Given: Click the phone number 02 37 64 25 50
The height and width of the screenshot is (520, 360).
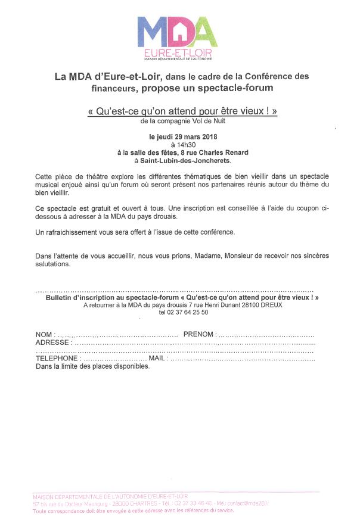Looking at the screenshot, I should click(x=184, y=312).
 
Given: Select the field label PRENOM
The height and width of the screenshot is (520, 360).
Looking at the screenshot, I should click(x=199, y=335).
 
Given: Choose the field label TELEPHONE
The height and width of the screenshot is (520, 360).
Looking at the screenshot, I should click(x=57, y=359).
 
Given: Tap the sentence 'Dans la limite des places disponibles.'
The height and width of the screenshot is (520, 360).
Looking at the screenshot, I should click(x=92, y=366).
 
